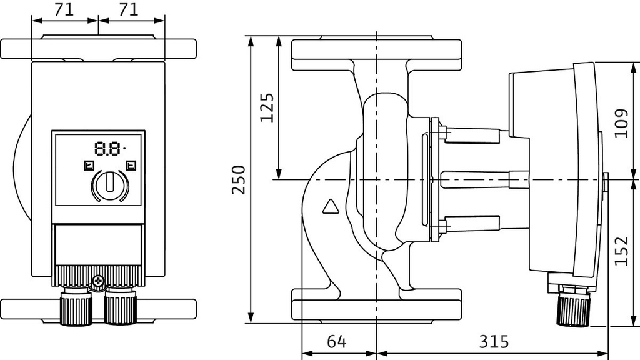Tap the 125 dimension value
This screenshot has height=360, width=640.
[267, 107]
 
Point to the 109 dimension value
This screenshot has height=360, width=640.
[621, 123]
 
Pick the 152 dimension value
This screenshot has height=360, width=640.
[621, 250]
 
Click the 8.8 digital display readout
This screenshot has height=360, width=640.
[107, 149]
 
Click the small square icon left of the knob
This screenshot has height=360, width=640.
[88, 166]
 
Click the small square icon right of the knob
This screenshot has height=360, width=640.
[131, 166]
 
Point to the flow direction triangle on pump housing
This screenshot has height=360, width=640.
[329, 207]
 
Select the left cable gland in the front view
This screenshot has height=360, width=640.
[76, 307]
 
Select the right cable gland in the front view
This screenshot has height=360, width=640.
[120, 307]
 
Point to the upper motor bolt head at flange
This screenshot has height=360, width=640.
[444, 132]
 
